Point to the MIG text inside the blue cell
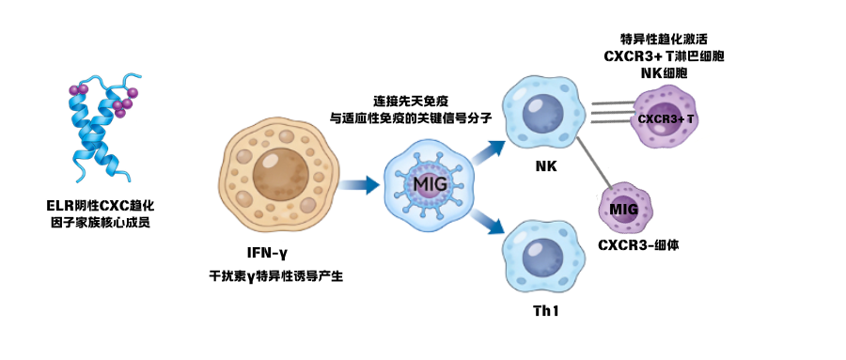426,180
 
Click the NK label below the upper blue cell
546,166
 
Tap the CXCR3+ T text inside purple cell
666,119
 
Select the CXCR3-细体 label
638,244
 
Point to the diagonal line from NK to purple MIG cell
594,162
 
